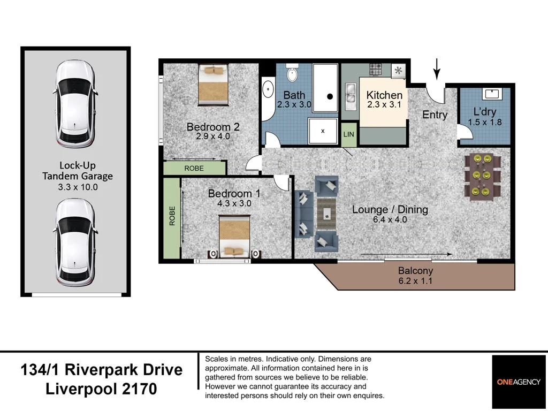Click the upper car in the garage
tap(75, 105)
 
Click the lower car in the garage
tap(75, 242)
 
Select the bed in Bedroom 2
tap(213, 85)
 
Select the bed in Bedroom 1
tap(234, 235)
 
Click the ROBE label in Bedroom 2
tap(194, 168)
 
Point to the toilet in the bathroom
tap(292, 73)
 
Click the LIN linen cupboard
tap(348, 134)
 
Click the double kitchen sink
tap(351, 93)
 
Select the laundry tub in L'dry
tap(491, 94)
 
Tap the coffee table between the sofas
tap(325, 212)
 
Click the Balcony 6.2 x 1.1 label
tap(415, 276)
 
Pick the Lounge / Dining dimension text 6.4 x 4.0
tap(390, 219)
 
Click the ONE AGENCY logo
tap(519, 382)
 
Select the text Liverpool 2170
tap(102, 389)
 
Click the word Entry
tap(435, 115)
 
